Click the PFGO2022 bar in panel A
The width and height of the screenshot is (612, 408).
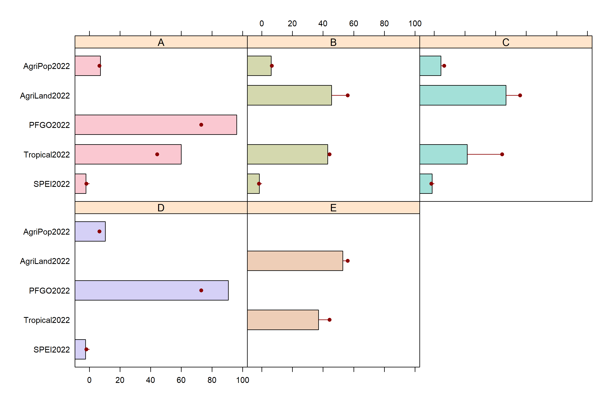click(156, 125)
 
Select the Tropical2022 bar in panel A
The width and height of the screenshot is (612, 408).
click(128, 154)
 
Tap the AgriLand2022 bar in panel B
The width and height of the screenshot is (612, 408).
click(289, 95)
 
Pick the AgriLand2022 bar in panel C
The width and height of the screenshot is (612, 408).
click(463, 95)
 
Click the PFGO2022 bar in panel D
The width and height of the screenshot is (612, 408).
click(152, 290)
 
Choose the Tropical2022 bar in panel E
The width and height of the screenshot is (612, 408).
click(283, 320)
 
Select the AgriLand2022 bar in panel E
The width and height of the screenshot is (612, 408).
click(295, 261)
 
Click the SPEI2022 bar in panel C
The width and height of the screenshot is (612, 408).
click(426, 184)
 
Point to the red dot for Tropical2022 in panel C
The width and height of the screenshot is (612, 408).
click(502, 154)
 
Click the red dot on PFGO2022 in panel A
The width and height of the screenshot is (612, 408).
click(201, 125)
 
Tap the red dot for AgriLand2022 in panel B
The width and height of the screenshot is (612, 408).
click(348, 95)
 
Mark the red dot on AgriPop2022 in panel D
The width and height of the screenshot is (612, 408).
click(99, 231)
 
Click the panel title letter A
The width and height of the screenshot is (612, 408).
click(161, 42)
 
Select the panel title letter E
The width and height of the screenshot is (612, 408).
click(333, 208)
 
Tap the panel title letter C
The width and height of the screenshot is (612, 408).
click(506, 42)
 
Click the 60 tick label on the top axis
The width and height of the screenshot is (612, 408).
click(354, 24)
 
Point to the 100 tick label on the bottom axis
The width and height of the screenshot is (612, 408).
click(243, 380)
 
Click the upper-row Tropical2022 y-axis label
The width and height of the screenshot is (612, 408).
click(47, 155)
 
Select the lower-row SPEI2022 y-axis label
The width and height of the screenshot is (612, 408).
click(52, 349)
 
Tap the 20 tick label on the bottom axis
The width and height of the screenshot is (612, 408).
click(120, 380)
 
